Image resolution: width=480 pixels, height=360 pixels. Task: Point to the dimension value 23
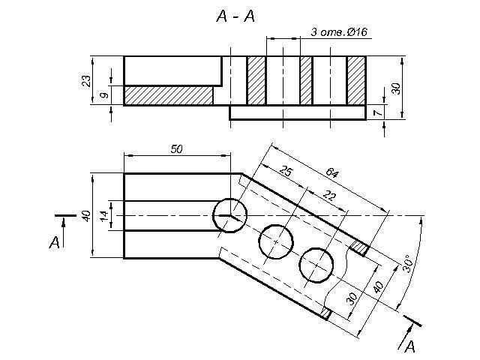[x=87, y=79]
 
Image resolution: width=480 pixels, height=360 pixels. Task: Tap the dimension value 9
[x=105, y=94]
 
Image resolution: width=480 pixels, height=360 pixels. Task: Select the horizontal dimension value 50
[x=176, y=149]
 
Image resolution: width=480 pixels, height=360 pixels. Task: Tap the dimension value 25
[x=285, y=172]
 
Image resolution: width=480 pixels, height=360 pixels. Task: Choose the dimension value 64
[x=331, y=173]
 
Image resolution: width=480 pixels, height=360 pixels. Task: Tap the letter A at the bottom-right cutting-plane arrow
[x=409, y=346]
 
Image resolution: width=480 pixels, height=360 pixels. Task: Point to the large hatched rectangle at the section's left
[x=168, y=95]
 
